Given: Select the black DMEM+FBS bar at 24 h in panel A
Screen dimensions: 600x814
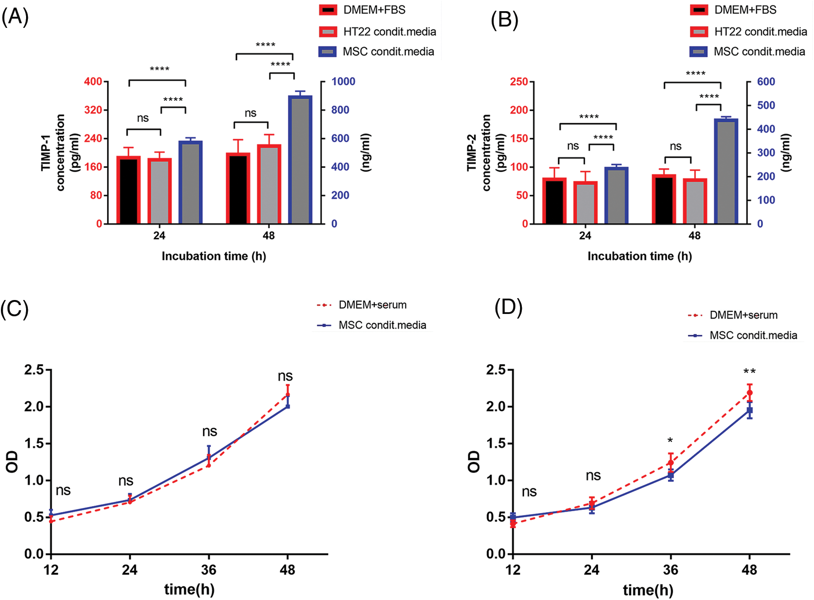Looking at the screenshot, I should [x=128, y=190].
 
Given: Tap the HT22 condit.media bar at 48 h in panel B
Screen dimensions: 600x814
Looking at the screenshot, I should [x=695, y=201].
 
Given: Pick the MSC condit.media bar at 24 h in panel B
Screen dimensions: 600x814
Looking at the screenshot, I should [x=616, y=195].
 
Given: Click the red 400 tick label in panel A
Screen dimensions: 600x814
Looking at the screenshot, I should [x=93, y=82].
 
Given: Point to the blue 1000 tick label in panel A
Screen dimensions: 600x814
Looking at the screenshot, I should [x=343, y=82].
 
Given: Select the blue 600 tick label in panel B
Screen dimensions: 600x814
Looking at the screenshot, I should [x=766, y=82].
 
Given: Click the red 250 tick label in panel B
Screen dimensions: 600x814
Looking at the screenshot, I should [x=519, y=82].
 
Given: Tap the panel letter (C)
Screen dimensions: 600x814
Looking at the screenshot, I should [x=14, y=309].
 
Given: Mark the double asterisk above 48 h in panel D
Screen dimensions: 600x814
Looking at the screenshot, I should [x=749, y=372].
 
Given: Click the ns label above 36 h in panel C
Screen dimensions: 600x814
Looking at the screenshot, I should [x=209, y=432].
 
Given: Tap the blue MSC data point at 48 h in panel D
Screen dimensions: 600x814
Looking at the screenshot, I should [x=749, y=410].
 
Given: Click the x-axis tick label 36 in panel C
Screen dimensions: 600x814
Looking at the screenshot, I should [x=209, y=570].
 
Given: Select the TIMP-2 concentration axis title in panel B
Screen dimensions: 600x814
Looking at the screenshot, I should [x=479, y=153].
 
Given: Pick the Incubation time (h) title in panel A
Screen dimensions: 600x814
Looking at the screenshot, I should [x=214, y=256].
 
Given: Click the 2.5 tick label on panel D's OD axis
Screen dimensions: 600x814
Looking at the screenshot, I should [x=496, y=370].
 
